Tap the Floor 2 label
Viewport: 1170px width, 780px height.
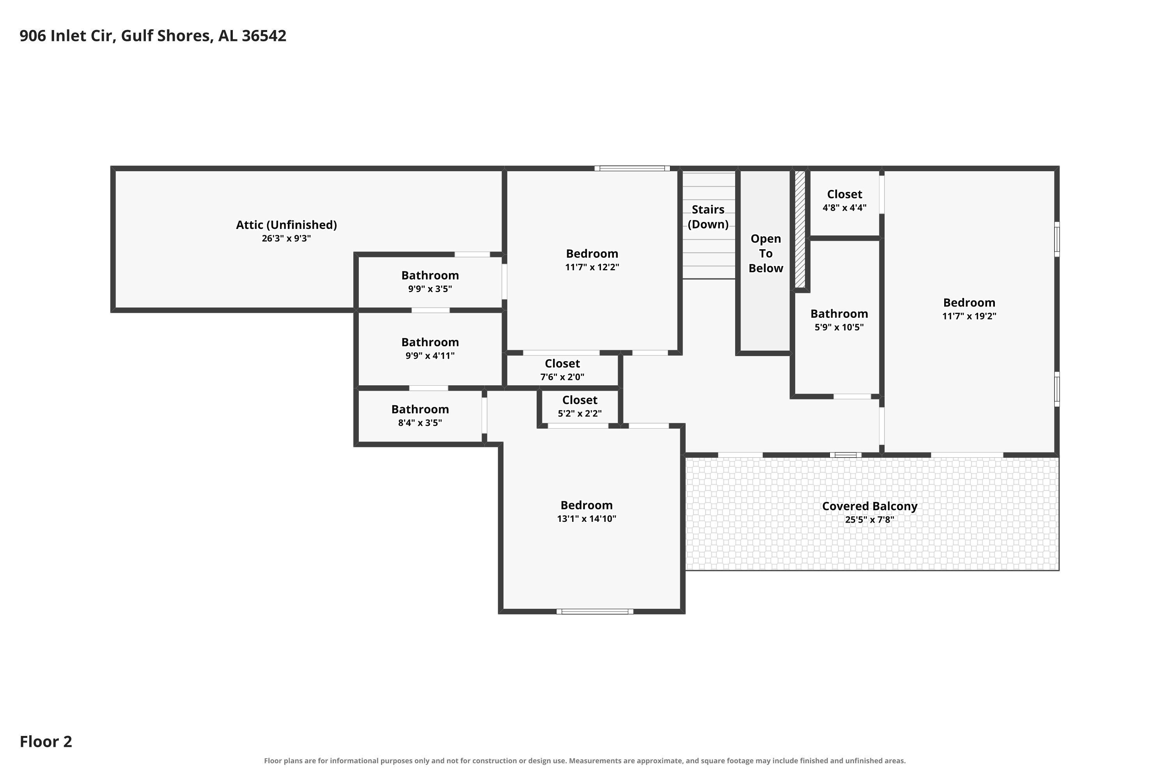46,741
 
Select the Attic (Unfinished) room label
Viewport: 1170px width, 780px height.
287,225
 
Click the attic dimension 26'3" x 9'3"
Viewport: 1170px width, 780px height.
287,238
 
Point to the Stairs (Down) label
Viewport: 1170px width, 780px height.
708,217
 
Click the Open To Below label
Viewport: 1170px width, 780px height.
766,253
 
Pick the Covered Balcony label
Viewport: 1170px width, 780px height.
870,506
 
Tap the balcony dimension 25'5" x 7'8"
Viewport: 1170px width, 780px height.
870,520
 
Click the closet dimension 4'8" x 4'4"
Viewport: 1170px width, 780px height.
844,208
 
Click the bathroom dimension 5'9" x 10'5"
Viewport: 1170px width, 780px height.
839,327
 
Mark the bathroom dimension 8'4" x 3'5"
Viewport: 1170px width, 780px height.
420,423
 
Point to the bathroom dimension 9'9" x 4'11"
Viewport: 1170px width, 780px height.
430,356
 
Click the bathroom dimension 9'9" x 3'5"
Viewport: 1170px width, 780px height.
430,289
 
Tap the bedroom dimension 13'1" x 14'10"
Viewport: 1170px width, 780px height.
587,519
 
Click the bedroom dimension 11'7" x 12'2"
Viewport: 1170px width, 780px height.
592,267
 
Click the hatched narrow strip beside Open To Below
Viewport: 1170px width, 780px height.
800,229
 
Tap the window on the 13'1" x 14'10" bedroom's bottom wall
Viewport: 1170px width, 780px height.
595,612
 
